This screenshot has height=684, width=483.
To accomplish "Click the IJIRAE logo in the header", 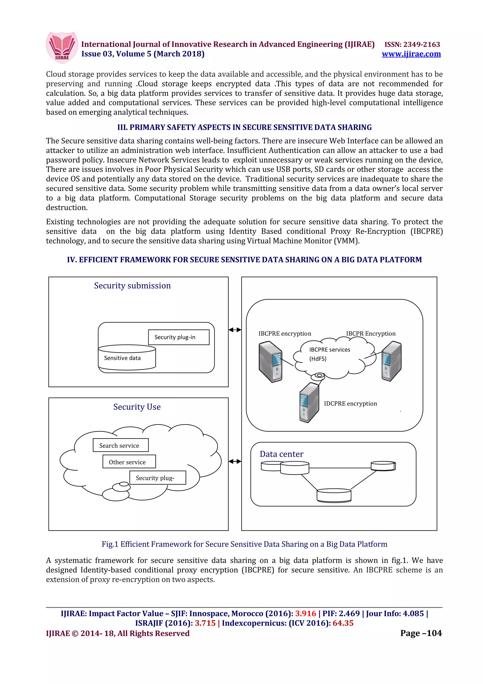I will click(62, 48).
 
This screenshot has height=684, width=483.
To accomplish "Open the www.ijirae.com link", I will click(411, 54).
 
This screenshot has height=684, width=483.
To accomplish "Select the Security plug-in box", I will click(179, 337).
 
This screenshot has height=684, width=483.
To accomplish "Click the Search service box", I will click(121, 445).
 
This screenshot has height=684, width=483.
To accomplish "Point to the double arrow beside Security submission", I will click(235, 330).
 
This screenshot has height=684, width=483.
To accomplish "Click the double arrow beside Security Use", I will click(235, 461).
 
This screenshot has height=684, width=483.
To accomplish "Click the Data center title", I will click(281, 454).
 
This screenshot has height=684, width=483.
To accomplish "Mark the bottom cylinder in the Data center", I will click(334, 495).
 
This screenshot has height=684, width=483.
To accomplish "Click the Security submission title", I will click(133, 286).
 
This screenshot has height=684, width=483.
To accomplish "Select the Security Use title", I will click(137, 407).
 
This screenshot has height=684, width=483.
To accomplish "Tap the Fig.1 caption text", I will click(244, 544).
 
